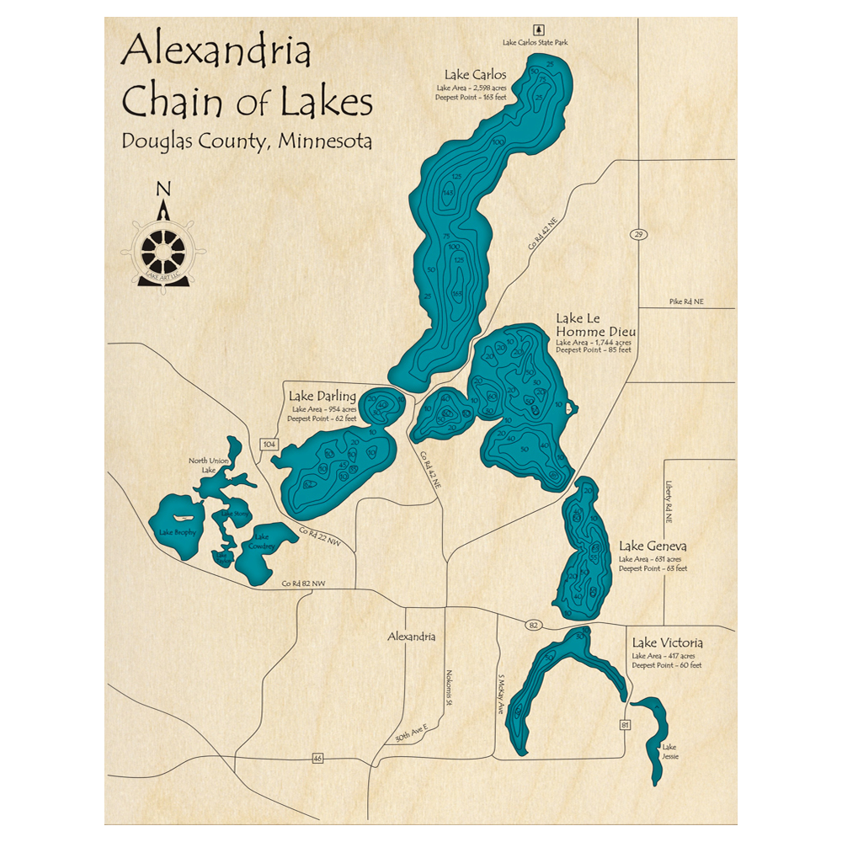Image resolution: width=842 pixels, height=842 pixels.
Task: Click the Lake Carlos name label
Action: pyautogui.click(x=475, y=74)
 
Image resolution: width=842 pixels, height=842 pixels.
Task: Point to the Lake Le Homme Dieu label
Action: pyautogui.click(x=594, y=325)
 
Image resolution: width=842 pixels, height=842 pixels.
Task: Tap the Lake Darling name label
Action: pyautogui.click(x=322, y=396)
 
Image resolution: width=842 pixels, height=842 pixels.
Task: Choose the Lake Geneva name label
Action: pyautogui.click(x=653, y=546)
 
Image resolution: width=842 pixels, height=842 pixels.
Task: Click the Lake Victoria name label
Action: pyautogui.click(x=667, y=642)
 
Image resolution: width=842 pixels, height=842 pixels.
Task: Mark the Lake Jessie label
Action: pyautogui.click(x=669, y=751)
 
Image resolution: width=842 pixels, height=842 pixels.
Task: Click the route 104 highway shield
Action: pyautogui.click(x=269, y=444)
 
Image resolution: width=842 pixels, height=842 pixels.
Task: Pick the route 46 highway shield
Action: pyautogui.click(x=317, y=758)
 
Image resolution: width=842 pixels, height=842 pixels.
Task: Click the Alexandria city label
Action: pyautogui.click(x=411, y=637)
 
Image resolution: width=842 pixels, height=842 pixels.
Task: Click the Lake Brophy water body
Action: pyautogui.click(x=177, y=530)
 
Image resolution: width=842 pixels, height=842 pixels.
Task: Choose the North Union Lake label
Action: pyautogui.click(x=208, y=465)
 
